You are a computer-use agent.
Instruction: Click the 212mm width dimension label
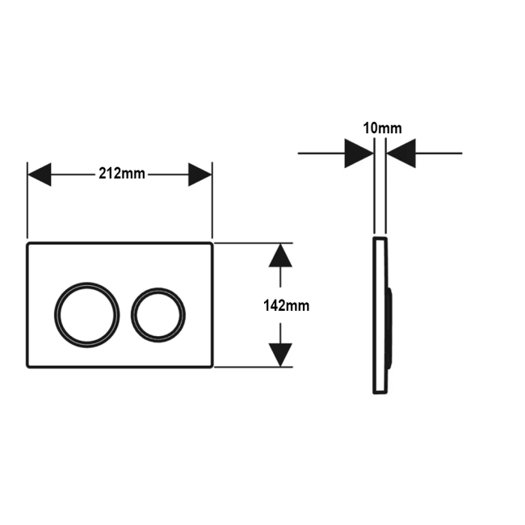[121, 174]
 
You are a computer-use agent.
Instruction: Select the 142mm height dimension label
[286, 305]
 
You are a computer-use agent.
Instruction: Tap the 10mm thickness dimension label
[382, 128]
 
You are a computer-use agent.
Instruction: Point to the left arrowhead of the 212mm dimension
[40, 174]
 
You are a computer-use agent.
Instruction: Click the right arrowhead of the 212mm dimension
[199, 174]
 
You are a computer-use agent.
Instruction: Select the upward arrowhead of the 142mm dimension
[280, 255]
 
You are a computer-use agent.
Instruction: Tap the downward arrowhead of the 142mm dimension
[280, 355]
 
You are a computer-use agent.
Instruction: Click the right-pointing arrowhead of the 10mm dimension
[359, 153]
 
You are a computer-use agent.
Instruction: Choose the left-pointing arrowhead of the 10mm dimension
[401, 153]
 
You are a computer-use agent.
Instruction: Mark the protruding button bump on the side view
[390, 328]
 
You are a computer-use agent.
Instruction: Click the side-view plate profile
[375, 315]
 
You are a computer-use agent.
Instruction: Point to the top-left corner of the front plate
[27, 243]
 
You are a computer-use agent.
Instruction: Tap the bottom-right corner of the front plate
[213, 367]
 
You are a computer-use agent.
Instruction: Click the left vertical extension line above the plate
[27, 200]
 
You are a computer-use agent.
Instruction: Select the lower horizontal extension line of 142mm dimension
[254, 367]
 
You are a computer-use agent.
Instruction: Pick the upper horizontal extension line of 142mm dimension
[254, 243]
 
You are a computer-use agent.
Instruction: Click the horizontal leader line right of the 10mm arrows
[439, 153]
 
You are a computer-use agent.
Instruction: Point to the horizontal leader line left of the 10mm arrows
[321, 153]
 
